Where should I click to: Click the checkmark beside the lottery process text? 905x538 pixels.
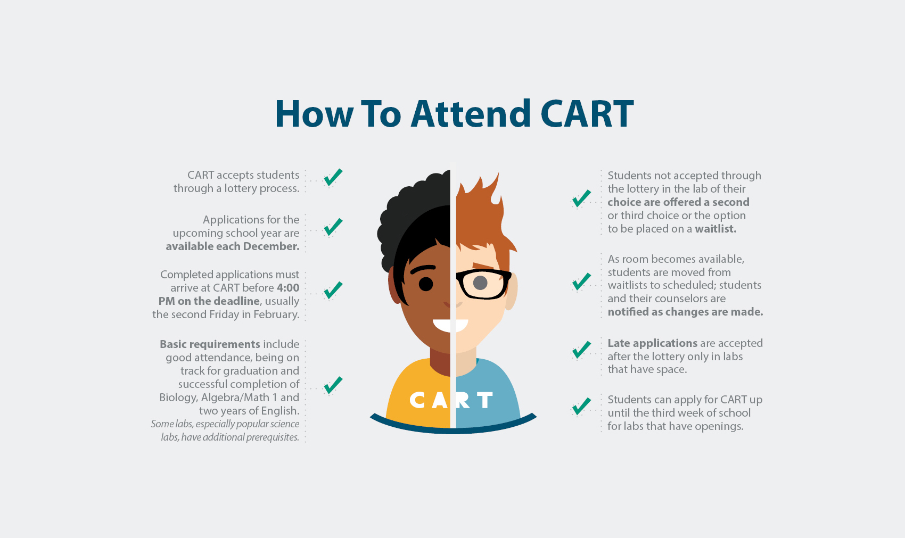[x=333, y=177]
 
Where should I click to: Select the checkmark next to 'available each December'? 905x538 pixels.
[x=333, y=227]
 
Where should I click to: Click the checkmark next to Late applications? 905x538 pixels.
[x=581, y=350]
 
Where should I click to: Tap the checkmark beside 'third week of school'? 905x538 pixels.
[x=581, y=406]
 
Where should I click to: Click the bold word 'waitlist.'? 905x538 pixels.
[x=715, y=229]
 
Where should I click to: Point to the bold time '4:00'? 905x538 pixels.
[x=288, y=288]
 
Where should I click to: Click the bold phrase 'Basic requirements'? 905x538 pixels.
[x=210, y=344]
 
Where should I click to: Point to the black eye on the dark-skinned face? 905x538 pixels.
[x=426, y=284]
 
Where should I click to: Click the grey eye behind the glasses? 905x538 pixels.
[x=480, y=283]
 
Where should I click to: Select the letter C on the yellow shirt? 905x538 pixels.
[x=417, y=400]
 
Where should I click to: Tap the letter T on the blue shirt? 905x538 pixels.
[x=485, y=400]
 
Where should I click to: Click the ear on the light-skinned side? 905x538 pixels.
[x=512, y=291]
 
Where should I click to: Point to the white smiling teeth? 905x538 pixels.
[x=450, y=325]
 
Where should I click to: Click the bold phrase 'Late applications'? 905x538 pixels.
[x=653, y=343]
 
